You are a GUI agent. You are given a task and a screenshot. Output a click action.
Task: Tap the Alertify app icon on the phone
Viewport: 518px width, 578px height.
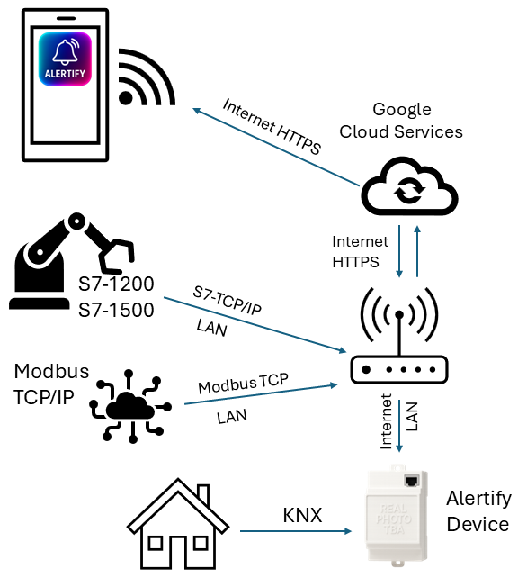click(x=64, y=59)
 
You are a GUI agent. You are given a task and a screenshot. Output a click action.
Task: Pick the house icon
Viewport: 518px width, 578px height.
click(x=180, y=527)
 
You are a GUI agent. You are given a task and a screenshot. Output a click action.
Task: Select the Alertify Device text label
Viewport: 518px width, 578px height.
click(x=478, y=511)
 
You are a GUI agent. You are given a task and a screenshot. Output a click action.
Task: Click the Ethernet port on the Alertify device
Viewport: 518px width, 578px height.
click(x=414, y=481)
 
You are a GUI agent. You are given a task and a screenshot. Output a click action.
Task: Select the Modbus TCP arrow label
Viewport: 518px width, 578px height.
click(x=243, y=384)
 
